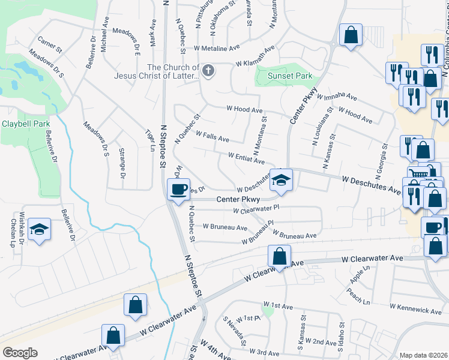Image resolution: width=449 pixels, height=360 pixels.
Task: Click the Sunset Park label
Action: point(290,76)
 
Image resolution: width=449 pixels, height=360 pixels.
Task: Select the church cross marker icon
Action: point(208,71)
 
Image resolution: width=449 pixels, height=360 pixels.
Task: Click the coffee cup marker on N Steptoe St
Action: point(178,190)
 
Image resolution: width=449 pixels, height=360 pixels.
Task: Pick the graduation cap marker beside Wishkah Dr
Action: point(40,230)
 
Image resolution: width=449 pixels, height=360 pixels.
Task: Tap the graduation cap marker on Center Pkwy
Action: point(280,179)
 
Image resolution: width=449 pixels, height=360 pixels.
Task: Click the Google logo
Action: point(20,353)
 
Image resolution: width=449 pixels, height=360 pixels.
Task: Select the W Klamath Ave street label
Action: point(255,64)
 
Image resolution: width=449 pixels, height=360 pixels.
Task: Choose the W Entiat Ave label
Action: point(246,157)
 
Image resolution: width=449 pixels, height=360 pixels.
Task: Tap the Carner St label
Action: point(50,44)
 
